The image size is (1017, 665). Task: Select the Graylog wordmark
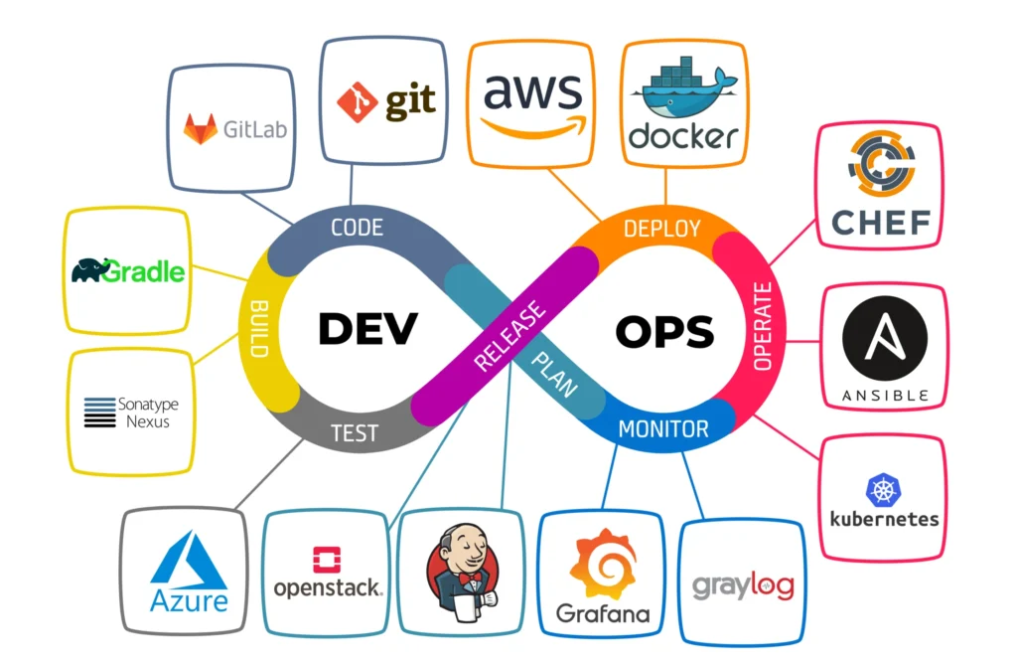743,586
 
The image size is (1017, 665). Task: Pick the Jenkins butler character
459,576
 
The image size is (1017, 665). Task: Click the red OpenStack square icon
326,561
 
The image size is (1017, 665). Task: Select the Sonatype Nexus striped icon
99,412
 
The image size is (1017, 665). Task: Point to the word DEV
367,329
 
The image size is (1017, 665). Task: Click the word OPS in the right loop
664,332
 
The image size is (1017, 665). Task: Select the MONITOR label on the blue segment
663,429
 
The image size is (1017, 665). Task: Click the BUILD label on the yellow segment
259,328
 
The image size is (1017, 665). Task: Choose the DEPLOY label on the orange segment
661,229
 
